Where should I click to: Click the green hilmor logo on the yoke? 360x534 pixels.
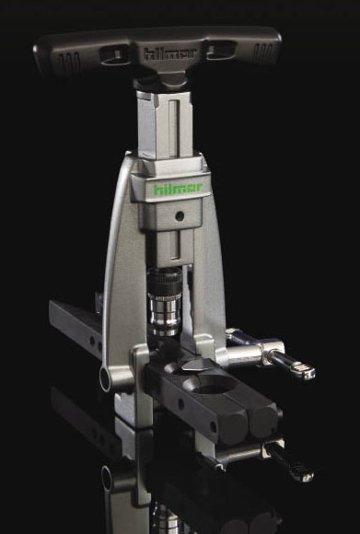point(178,189)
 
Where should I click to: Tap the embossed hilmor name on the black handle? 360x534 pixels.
point(170,53)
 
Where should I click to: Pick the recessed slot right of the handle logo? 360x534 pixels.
point(222,51)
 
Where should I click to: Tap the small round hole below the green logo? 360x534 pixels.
point(180,215)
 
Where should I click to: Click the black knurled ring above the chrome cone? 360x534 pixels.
point(165,280)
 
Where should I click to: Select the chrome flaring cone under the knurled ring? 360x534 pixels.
point(166,313)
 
